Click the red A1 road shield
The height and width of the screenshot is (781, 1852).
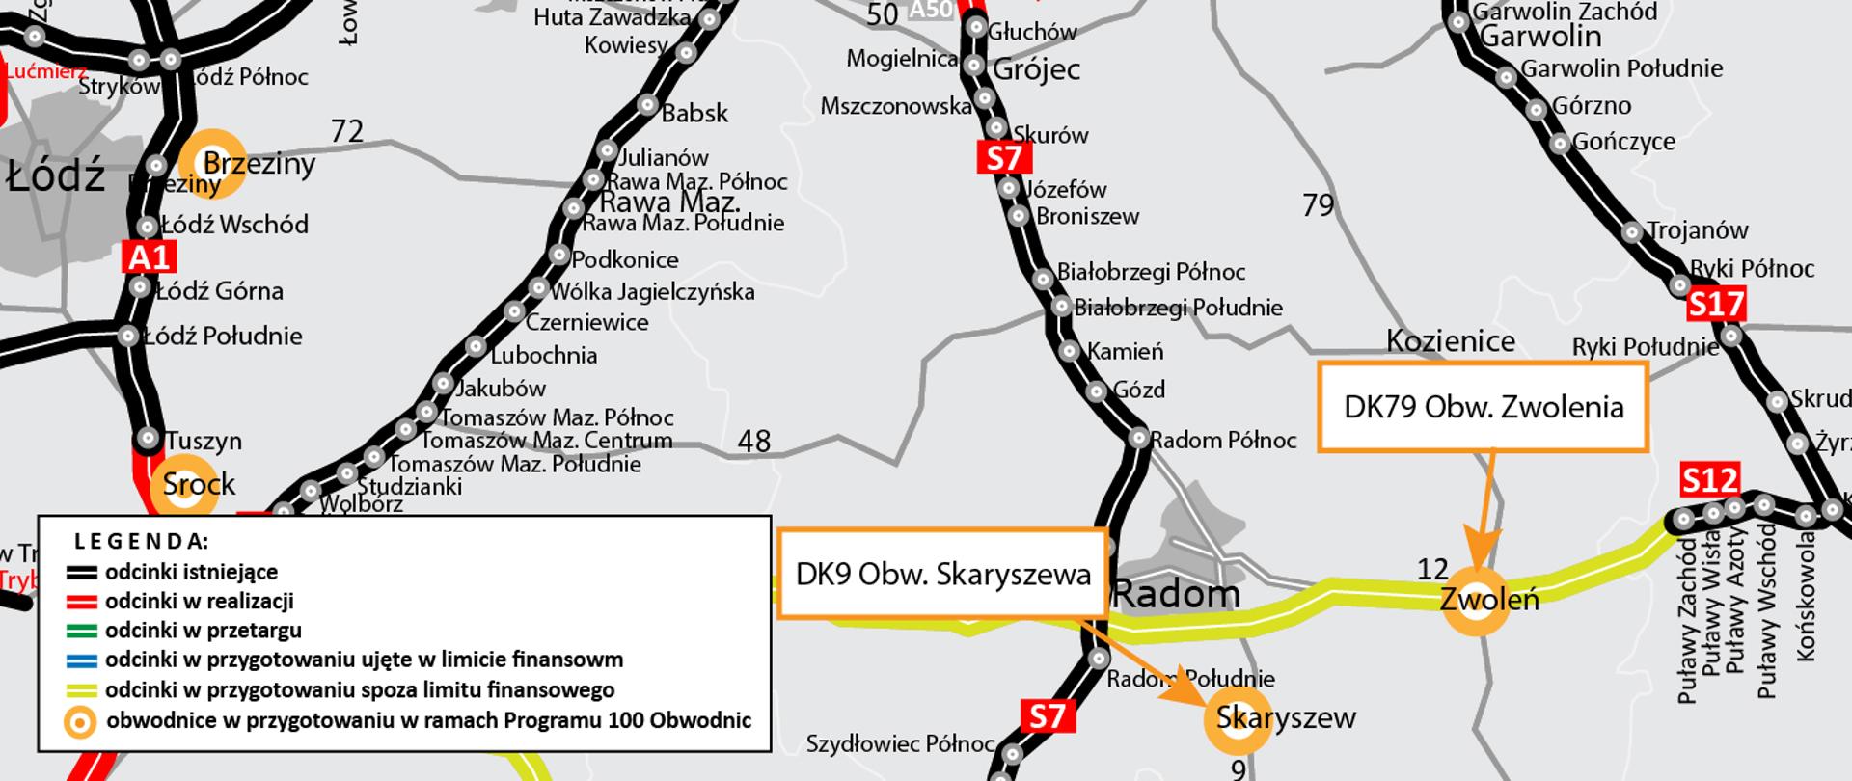pyautogui.click(x=150, y=256)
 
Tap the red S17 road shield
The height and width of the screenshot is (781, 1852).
pyautogui.click(x=1716, y=306)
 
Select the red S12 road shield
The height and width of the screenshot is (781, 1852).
pyautogui.click(x=1709, y=479)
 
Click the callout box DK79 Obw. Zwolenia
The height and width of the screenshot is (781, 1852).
pyautogui.click(x=1483, y=407)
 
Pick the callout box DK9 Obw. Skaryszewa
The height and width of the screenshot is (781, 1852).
pyautogui.click(x=941, y=574)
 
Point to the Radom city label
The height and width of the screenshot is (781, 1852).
pyautogui.click(x=1176, y=594)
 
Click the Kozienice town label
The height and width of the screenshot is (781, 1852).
pyautogui.click(x=1450, y=341)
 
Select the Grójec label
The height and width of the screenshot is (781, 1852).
pyautogui.click(x=1036, y=69)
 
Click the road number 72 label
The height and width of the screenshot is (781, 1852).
pyautogui.click(x=346, y=130)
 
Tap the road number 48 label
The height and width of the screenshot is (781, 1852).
pyautogui.click(x=753, y=441)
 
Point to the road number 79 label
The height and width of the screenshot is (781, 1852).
pyautogui.click(x=1318, y=204)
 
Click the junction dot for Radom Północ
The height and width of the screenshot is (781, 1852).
pyautogui.click(x=1139, y=439)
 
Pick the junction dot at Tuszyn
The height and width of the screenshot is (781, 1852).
pyautogui.click(x=148, y=439)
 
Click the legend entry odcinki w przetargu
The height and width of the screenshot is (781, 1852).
pyautogui.click(x=203, y=631)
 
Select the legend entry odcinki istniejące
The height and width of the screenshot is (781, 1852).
pyautogui.click(x=191, y=572)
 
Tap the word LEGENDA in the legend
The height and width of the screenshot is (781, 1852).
pyautogui.click(x=141, y=541)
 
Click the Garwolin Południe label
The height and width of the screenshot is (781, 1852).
pyautogui.click(x=1621, y=68)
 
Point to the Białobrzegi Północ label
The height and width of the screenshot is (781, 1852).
pyautogui.click(x=1151, y=272)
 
